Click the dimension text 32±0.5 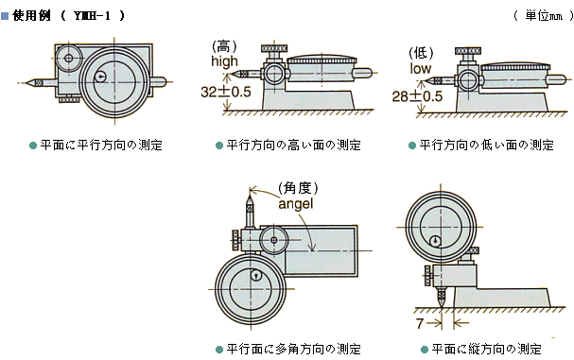point(226,93)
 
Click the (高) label point(222,44)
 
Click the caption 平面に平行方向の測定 point(101,146)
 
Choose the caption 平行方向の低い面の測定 point(487,146)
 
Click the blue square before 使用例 point(6,16)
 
